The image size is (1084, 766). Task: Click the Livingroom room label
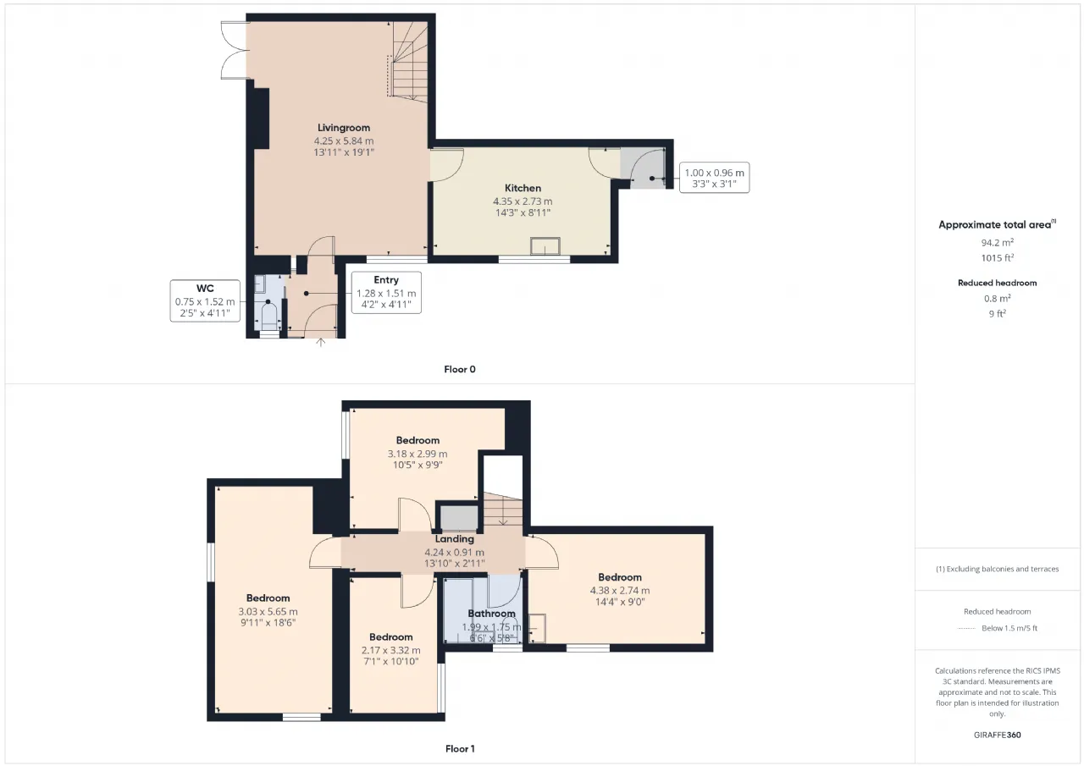[x=344, y=128]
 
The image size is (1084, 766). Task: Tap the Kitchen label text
[x=523, y=188]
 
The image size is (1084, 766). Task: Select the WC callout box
[x=205, y=300]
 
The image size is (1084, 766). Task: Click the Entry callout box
[x=386, y=293]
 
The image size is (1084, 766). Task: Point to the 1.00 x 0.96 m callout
[x=714, y=178]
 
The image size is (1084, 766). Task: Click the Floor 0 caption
[x=460, y=370]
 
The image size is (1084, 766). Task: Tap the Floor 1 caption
[x=460, y=749]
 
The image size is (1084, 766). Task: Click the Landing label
[x=454, y=538]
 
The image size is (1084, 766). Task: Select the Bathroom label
[x=491, y=614]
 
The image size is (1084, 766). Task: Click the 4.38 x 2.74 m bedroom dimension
[x=620, y=591]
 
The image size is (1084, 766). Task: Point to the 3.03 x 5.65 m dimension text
[x=268, y=611]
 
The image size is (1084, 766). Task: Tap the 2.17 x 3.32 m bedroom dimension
[x=390, y=650]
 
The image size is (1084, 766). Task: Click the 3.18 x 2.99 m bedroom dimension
[x=418, y=454]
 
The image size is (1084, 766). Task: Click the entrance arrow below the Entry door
[x=320, y=343]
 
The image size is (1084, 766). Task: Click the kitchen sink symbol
[x=545, y=246]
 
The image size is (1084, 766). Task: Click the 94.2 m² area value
[x=997, y=242]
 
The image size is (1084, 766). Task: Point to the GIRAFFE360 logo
[x=998, y=735]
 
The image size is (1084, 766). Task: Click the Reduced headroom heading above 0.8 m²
[x=998, y=283]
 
